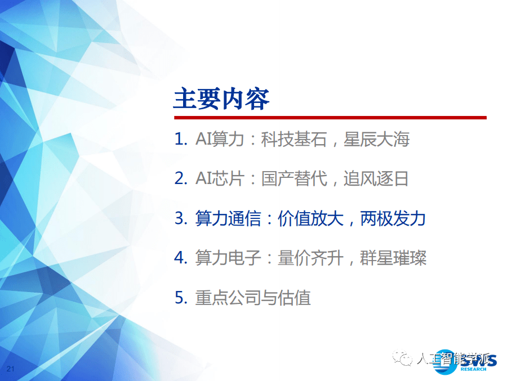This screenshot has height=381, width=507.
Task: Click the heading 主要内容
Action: pos(221,98)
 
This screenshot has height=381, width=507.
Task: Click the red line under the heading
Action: pos(330,118)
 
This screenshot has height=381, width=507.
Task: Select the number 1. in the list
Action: pos(180,140)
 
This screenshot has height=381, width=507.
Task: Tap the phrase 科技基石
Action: pos(293,140)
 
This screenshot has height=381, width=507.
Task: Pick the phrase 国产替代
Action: pos(293,179)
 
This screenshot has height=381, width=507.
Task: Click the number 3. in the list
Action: pos(180,218)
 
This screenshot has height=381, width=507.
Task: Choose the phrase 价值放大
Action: pos(310,218)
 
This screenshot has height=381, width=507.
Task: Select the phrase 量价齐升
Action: pos(310,258)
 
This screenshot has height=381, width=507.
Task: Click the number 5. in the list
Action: pos(180,297)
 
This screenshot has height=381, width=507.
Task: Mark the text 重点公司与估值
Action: pos(253,297)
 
